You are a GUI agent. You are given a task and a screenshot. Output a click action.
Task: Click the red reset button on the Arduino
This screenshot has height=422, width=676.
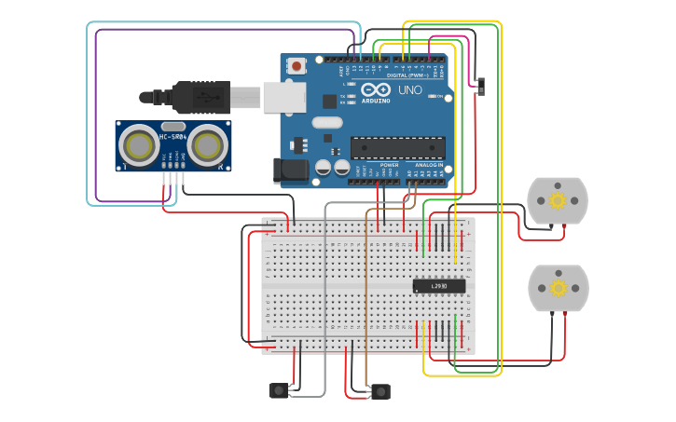coord(297,65)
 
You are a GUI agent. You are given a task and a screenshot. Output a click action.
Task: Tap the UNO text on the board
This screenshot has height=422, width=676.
coord(410,90)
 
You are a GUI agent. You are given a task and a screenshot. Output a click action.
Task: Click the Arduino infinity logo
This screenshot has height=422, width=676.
coord(376,90)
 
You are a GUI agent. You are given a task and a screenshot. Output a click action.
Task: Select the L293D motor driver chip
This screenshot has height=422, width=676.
coord(439,286)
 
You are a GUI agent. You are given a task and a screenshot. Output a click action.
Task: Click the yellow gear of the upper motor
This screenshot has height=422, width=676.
coord(558,200)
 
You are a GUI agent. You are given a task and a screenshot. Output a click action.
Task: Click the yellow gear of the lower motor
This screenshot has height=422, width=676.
coord(558,288)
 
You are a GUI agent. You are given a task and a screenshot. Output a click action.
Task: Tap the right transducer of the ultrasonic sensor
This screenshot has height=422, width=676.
coord(206,144)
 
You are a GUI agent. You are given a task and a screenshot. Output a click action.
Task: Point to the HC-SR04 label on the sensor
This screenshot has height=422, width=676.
coord(172,138)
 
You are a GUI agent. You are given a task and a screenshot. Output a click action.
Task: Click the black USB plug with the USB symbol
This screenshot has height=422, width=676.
coord(200,96)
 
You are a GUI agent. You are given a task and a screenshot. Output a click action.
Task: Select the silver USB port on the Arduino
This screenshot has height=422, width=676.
coord(283,96)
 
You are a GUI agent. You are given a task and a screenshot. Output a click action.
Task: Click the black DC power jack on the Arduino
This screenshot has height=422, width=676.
coord(289,170)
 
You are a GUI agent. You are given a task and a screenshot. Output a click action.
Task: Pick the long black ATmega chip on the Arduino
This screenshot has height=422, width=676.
coord(396,146)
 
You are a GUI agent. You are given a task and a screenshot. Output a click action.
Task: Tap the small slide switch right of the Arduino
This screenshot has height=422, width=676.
coord(481,86)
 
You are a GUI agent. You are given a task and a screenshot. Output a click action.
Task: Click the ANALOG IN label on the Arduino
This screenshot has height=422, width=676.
coord(429,165)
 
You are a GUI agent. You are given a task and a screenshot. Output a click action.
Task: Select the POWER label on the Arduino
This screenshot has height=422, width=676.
coord(389,165)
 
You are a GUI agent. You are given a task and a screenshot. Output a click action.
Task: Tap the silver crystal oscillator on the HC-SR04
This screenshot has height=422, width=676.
coord(172,126)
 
